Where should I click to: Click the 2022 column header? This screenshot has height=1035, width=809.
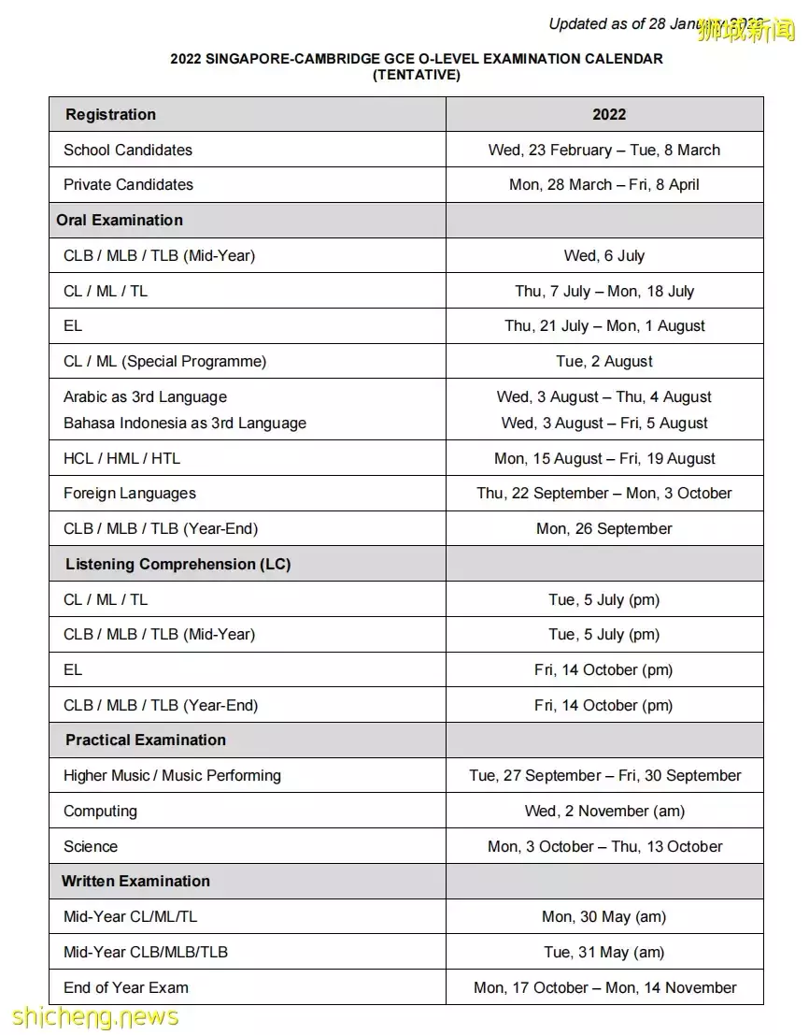coord(608,115)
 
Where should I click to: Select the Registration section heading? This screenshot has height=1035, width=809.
coord(110,115)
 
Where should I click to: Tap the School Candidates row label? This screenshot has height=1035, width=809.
coord(128,150)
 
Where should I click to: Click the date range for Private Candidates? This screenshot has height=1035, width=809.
coord(603,185)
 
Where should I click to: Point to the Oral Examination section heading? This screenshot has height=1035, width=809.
coord(120,221)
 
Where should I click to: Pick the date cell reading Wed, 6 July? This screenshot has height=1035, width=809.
coord(603,256)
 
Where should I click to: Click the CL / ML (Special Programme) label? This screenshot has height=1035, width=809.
coord(164,362)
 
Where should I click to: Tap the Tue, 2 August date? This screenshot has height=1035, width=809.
coord(603,362)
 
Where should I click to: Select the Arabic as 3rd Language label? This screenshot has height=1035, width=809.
coord(145,397)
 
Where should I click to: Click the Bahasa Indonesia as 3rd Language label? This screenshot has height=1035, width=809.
coord(185,424)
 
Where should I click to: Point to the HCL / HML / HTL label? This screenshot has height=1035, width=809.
coord(121,459)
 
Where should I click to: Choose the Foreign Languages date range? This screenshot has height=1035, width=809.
coord(603,494)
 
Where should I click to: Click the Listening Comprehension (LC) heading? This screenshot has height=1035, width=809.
coord(177,565)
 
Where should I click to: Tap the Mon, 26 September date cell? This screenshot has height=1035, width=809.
coord(603,529)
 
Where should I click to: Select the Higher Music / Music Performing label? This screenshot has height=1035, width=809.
coord(172,776)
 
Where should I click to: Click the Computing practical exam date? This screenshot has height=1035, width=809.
coord(603,812)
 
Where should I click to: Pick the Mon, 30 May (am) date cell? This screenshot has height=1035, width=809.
coord(603,917)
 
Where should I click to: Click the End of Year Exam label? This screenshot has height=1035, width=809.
coord(126,988)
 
